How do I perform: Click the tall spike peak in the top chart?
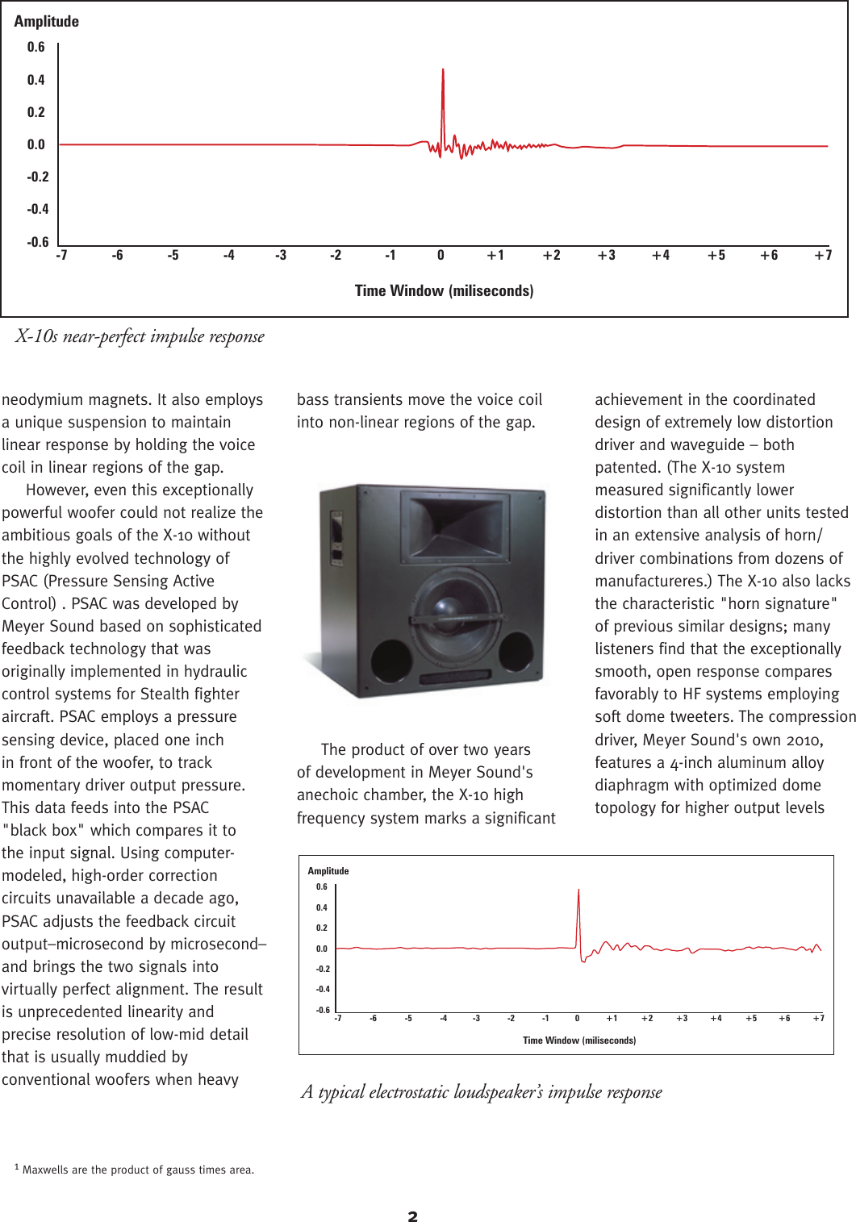[x=443, y=71]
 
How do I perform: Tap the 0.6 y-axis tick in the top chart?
[x=36, y=48]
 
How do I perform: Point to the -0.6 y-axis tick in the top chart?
[x=38, y=242]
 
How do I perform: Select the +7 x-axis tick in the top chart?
[x=823, y=256]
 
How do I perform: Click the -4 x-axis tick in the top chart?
[x=229, y=256]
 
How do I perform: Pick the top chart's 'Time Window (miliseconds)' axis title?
[x=444, y=291]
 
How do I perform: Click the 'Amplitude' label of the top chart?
[x=47, y=22]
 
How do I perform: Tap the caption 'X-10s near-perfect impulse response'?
[x=140, y=336]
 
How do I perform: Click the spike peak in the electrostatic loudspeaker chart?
[x=578, y=891]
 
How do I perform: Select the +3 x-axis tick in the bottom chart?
[x=682, y=1019]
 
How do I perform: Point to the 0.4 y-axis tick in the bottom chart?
[x=322, y=908]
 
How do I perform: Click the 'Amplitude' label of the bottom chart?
[x=328, y=871]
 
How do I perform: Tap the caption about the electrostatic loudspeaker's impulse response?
[x=482, y=1092]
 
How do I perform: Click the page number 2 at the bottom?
[x=413, y=1216]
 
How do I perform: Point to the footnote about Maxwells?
[x=135, y=1170]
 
